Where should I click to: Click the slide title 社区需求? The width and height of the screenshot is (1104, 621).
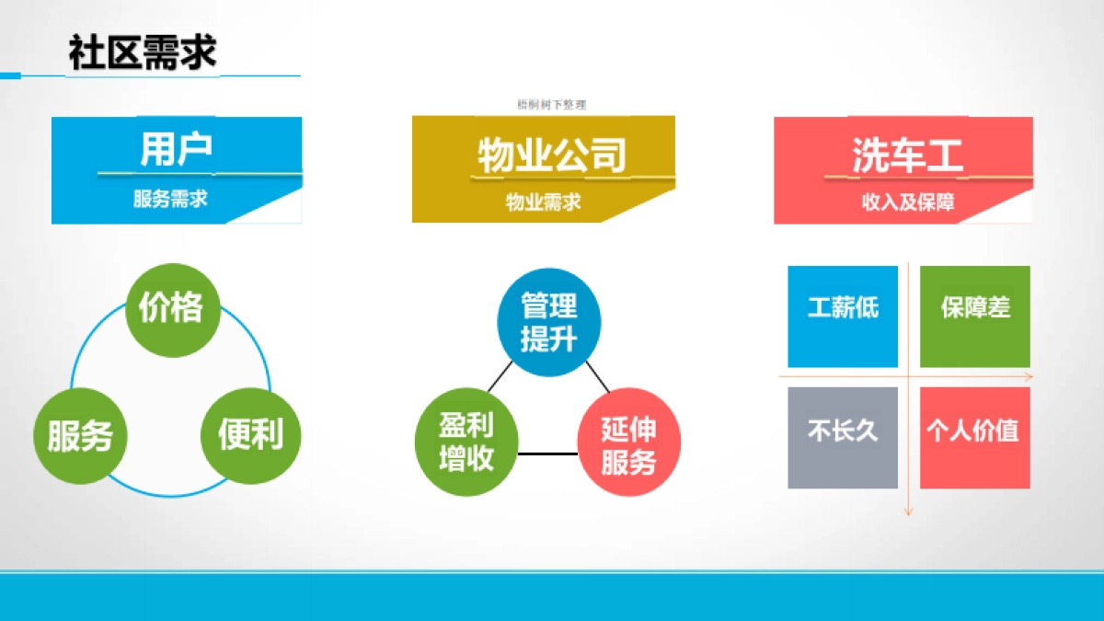[143, 53]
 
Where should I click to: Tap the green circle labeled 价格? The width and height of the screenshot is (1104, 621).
[172, 309]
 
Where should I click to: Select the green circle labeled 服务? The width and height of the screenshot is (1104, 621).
[80, 435]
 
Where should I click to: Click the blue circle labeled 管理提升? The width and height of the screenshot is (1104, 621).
[549, 323]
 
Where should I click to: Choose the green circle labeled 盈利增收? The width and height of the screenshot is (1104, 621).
[466, 442]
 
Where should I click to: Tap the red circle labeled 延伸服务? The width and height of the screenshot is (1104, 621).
[629, 446]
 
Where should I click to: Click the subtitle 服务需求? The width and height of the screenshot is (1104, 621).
[170, 199]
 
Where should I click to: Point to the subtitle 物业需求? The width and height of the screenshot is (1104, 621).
[543, 201]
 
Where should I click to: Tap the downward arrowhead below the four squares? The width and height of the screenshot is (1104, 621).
[908, 510]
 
